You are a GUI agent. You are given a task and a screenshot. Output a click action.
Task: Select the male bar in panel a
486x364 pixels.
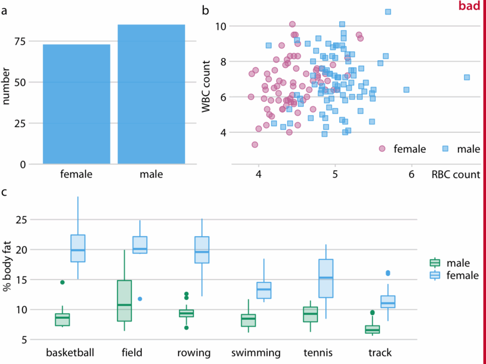(x=151, y=94)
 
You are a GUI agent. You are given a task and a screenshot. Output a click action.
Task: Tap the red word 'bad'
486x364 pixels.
(x=469, y=6)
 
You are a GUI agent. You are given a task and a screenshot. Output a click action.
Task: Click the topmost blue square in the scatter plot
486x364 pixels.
(x=388, y=12)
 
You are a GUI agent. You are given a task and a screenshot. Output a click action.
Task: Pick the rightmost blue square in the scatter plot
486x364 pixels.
(x=467, y=77)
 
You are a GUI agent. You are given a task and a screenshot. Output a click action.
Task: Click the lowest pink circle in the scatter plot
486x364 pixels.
(x=255, y=144)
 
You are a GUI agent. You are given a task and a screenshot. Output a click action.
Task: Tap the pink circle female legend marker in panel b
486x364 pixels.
(x=382, y=148)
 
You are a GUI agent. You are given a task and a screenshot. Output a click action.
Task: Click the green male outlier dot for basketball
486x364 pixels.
(x=62, y=282)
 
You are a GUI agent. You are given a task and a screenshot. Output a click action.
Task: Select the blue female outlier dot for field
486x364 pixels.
(x=140, y=299)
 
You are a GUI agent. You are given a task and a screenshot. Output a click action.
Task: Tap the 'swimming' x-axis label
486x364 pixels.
(x=256, y=352)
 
